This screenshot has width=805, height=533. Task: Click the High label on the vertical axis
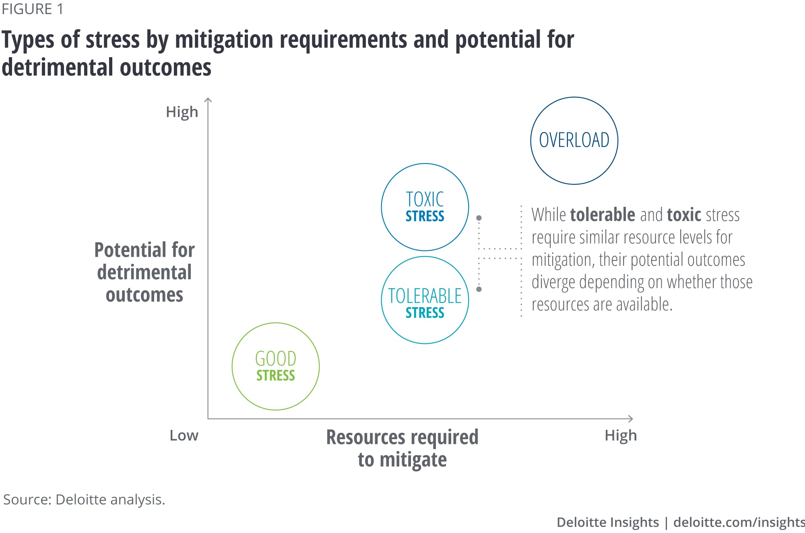(182, 112)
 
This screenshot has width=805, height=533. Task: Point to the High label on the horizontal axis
(621, 436)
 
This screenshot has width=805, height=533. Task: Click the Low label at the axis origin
(184, 436)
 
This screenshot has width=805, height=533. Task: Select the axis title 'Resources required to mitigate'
(402, 448)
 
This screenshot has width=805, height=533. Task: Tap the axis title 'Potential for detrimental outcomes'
(144, 273)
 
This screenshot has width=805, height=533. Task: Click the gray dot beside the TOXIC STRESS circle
(479, 218)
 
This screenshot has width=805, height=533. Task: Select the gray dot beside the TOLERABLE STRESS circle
(479, 289)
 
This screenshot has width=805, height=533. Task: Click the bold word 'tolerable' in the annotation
(603, 215)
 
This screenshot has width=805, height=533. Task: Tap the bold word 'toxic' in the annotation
(684, 215)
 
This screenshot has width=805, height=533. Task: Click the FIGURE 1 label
(33, 9)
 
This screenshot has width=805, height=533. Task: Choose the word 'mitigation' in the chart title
(224, 40)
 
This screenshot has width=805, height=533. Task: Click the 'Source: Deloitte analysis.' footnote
(84, 500)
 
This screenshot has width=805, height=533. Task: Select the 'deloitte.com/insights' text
(739, 522)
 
